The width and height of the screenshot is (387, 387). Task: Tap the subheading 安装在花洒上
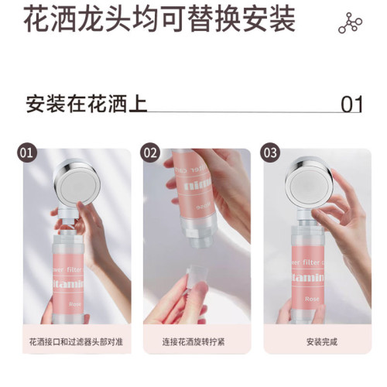point(87,103)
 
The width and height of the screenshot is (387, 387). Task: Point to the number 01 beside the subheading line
point(351,104)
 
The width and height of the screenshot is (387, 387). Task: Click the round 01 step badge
point(28,152)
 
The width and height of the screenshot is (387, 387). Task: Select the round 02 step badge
point(150,152)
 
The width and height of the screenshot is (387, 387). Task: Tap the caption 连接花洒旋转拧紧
point(193,341)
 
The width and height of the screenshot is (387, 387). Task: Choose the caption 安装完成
point(313,341)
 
